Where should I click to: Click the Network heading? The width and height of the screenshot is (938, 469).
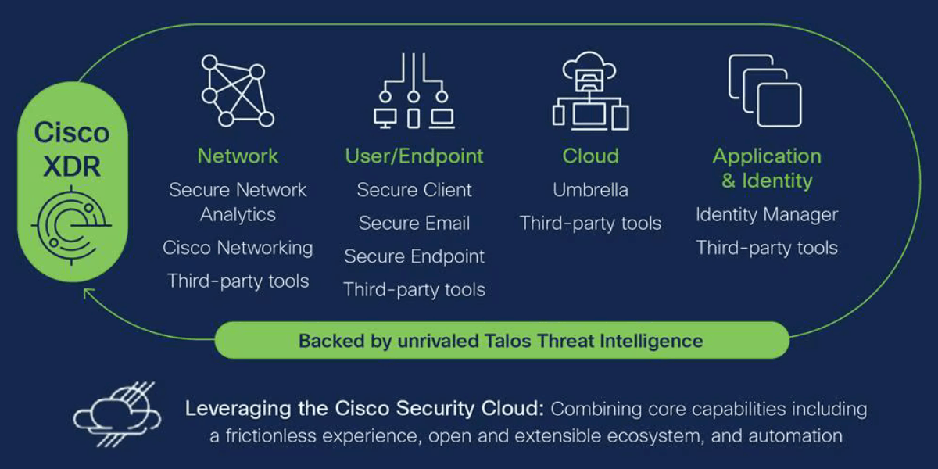point(238,156)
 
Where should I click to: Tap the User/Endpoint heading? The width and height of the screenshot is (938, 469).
point(414,156)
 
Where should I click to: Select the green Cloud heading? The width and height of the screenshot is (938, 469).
point(590,156)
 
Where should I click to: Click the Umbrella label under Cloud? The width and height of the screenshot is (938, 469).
point(590,190)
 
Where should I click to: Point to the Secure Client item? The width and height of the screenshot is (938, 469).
point(414,190)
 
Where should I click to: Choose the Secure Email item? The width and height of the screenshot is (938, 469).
point(414,224)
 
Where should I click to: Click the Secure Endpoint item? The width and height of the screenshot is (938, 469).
point(414,256)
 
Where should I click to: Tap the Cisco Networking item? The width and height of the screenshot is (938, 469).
point(238,248)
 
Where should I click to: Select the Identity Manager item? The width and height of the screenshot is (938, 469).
point(767,215)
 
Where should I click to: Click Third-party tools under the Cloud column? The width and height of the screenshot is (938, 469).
point(590,224)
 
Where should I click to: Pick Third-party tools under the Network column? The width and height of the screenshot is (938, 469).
point(238,281)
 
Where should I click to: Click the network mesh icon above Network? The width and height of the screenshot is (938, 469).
point(238,91)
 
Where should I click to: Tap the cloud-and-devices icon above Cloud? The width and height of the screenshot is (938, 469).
point(590,91)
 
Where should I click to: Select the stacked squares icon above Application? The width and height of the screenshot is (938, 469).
point(765,91)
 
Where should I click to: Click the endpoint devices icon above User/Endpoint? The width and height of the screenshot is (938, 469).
point(414,91)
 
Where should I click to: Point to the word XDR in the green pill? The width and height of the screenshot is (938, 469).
point(72,166)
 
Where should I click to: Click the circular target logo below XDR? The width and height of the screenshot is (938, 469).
point(71,225)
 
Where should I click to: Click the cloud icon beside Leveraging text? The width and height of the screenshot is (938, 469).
point(116,414)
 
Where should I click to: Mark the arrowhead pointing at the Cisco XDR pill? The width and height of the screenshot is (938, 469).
point(87,292)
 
